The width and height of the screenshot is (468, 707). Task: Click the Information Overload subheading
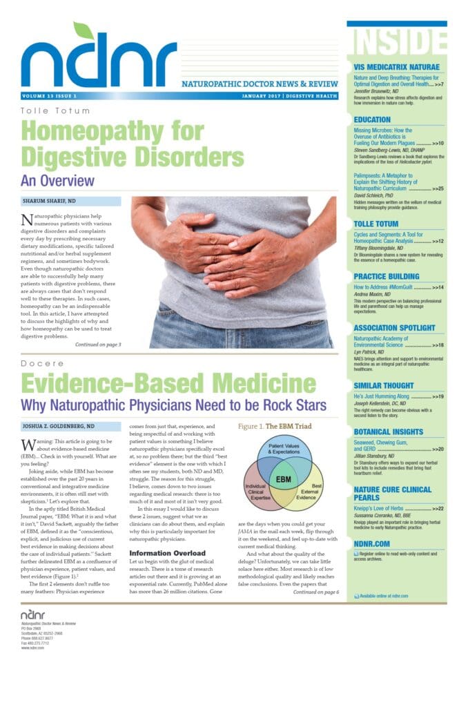point(167,553)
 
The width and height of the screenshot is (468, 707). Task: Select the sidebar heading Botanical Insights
point(393,432)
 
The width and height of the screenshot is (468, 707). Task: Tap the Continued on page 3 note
point(98,344)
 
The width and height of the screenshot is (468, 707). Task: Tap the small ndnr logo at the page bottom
point(32,613)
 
